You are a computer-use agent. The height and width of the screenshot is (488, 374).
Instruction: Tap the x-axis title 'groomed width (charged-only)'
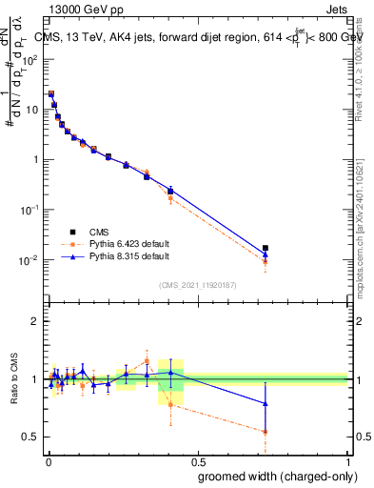[273, 475]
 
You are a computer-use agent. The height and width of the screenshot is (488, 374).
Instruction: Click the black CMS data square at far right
[266, 248]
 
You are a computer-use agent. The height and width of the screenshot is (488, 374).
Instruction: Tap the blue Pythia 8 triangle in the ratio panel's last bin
[266, 404]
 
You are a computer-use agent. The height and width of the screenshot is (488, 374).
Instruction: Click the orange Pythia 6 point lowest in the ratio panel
[266, 432]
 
